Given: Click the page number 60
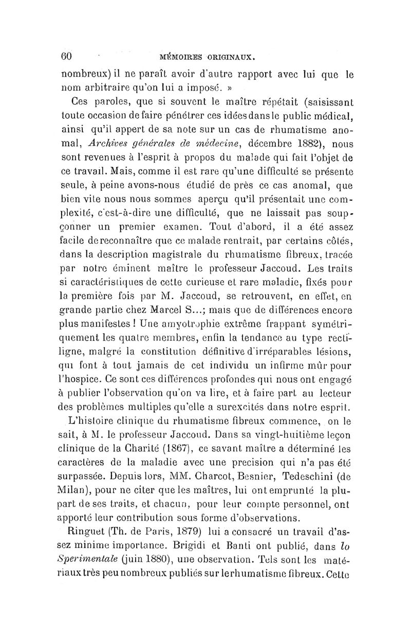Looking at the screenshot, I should [x=68, y=55].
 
